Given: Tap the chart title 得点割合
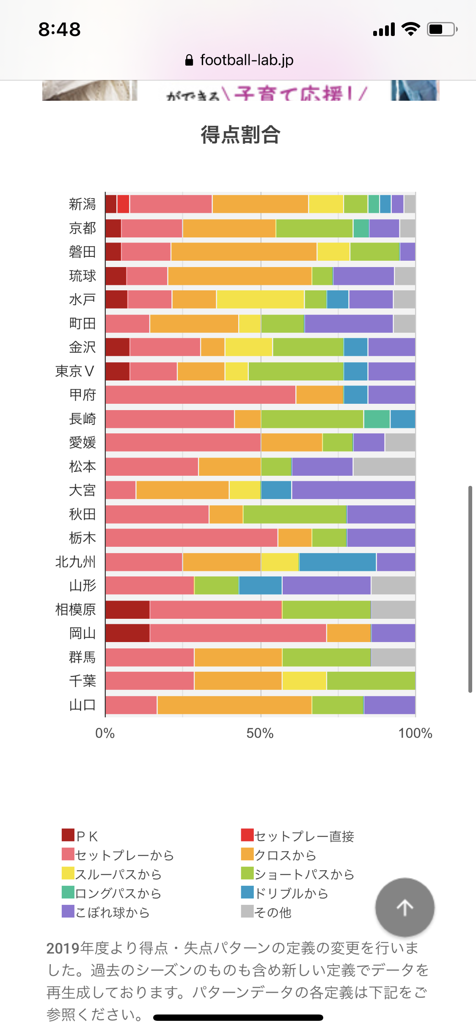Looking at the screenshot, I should (x=240, y=135).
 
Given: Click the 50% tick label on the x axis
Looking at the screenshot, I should (x=260, y=733).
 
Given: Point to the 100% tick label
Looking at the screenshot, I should (x=415, y=733).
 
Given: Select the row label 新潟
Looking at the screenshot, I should (x=83, y=204).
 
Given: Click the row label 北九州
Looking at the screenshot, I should (x=76, y=562).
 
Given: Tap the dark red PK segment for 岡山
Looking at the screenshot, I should (x=127, y=633).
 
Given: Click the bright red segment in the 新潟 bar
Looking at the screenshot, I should (x=123, y=204).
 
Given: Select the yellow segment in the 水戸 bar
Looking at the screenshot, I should (x=260, y=300).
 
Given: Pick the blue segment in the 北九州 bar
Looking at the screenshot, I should (x=337, y=562).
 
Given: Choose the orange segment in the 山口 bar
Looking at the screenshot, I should (x=234, y=705).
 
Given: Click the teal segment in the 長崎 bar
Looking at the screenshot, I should (x=377, y=419).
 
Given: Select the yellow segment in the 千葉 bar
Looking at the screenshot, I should (x=304, y=681).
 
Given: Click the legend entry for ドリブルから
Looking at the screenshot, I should (x=285, y=893).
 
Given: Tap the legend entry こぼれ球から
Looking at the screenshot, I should (x=106, y=912).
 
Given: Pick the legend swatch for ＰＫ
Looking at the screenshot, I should (x=68, y=835).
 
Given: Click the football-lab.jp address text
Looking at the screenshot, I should (x=247, y=60).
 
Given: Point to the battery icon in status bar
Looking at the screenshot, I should (x=442, y=29).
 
